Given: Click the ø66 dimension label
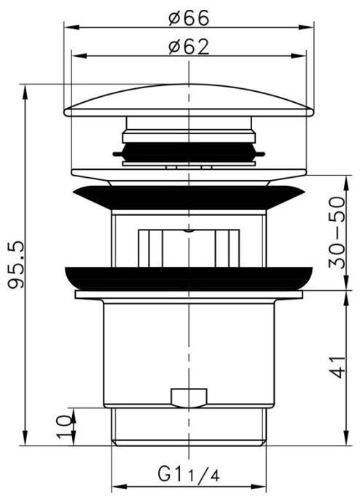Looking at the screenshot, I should (189, 17).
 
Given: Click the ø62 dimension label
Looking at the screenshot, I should (189, 47).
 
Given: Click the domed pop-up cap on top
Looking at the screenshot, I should (189, 101).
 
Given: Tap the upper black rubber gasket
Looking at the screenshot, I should (189, 198).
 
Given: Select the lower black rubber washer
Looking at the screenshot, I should (189, 277).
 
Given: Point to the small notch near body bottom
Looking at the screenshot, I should (188, 398).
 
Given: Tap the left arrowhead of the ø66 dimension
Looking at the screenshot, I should (68, 28).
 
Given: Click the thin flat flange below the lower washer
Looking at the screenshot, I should (189, 295).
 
